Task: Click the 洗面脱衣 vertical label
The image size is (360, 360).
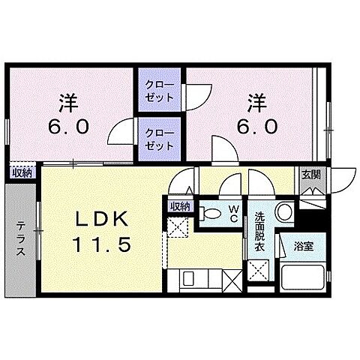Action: pyautogui.click(x=259, y=231)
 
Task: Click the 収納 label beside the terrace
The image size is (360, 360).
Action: pyautogui.click(x=22, y=172)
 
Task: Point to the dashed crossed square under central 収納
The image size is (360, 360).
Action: pyautogui.click(x=178, y=226)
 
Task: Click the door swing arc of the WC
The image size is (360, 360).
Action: pyautogui.click(x=230, y=183)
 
